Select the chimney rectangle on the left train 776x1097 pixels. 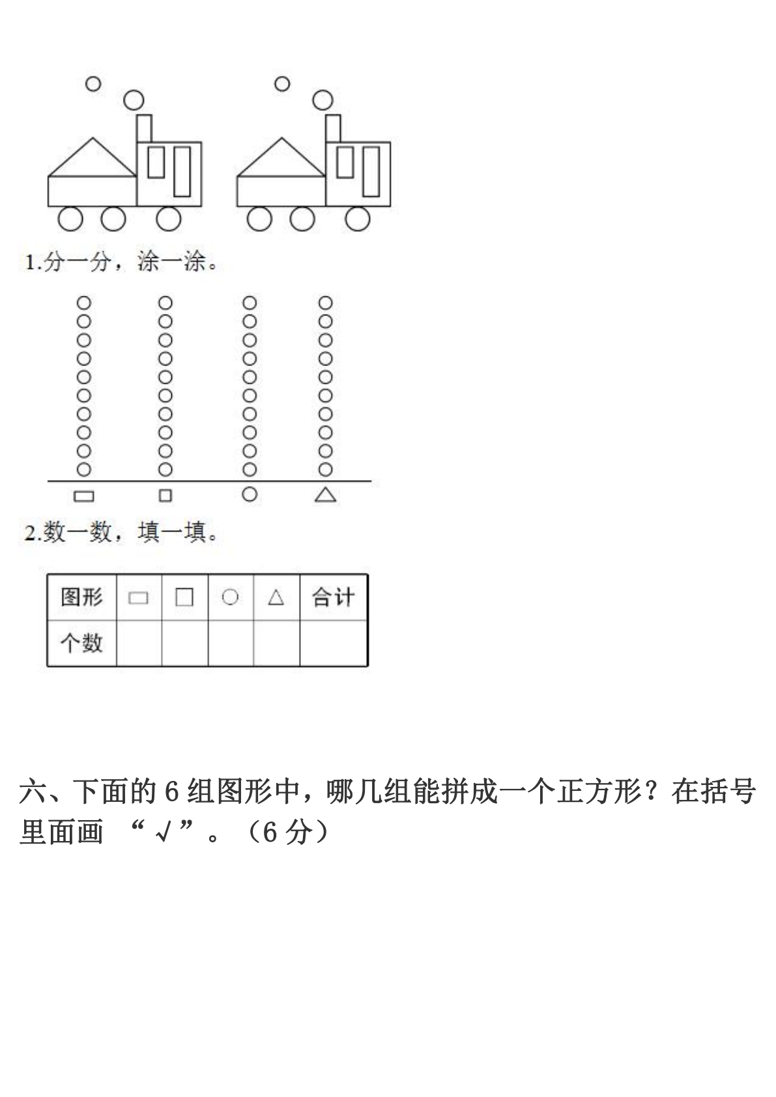(144, 128)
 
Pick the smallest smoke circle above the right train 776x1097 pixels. (282, 84)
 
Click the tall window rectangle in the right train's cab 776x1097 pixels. (371, 171)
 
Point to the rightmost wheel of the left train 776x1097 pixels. (169, 218)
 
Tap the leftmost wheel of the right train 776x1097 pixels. (259, 218)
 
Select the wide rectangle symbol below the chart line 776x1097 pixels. (84, 496)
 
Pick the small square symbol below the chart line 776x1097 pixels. (165, 496)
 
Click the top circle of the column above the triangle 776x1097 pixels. (325, 303)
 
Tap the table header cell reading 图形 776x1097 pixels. (82, 597)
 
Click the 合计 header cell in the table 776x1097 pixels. (334, 597)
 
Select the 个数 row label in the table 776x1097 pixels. (82, 643)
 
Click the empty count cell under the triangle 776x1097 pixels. (276, 643)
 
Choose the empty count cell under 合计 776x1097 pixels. (334, 643)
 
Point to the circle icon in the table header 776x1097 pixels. (230, 597)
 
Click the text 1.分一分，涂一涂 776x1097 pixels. (121, 262)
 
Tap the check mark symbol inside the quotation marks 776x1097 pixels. (163, 832)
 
